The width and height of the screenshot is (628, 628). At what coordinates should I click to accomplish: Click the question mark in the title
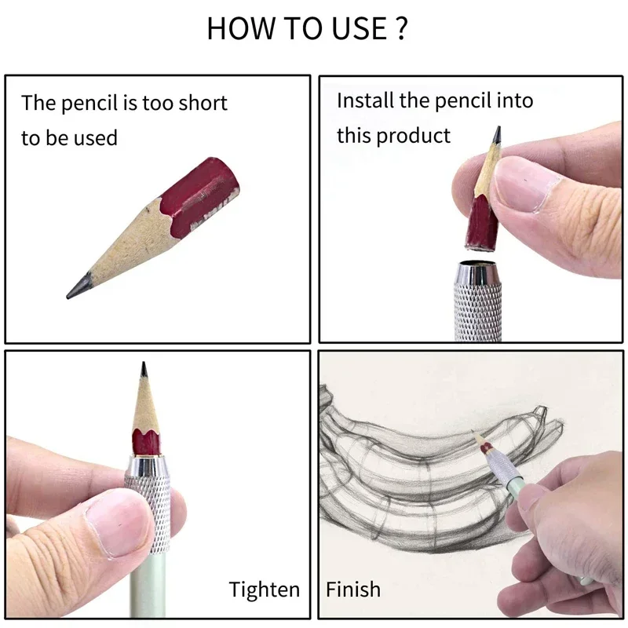(401, 29)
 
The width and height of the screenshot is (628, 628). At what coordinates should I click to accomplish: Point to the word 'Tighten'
(264, 590)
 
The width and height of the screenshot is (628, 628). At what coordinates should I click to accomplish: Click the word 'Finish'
(353, 590)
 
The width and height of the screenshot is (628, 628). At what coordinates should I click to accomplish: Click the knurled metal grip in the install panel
(477, 310)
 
